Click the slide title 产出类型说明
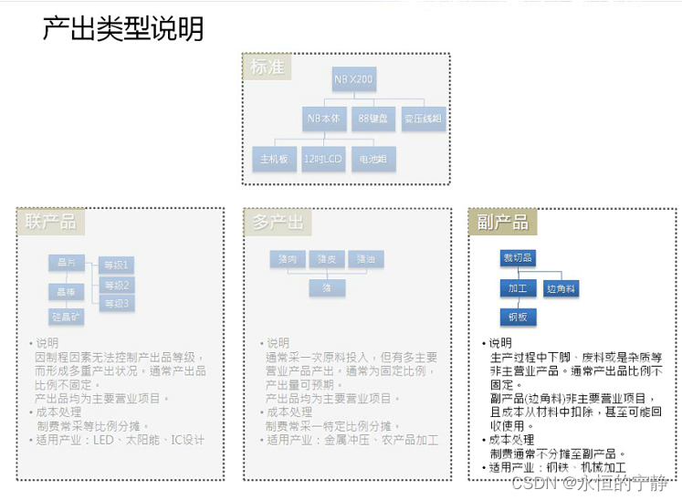[123, 28]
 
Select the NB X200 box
[353, 80]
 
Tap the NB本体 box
[324, 119]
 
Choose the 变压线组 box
[424, 119]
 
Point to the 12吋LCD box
[322, 159]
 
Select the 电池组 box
[372, 159]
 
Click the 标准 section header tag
[268, 68]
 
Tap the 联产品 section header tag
[50, 222]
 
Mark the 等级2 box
[116, 285]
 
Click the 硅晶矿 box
[66, 316]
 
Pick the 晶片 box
[66, 263]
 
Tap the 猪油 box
[366, 259]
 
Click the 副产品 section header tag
[501, 222]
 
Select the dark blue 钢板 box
[517, 317]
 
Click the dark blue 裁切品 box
[517, 258]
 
